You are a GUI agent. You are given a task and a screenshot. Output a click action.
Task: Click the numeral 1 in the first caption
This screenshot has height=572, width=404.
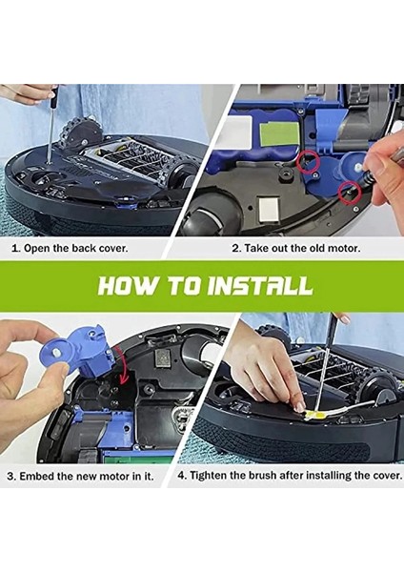[15, 247]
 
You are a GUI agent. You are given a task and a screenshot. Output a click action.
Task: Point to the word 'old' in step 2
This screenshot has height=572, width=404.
[316, 247]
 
